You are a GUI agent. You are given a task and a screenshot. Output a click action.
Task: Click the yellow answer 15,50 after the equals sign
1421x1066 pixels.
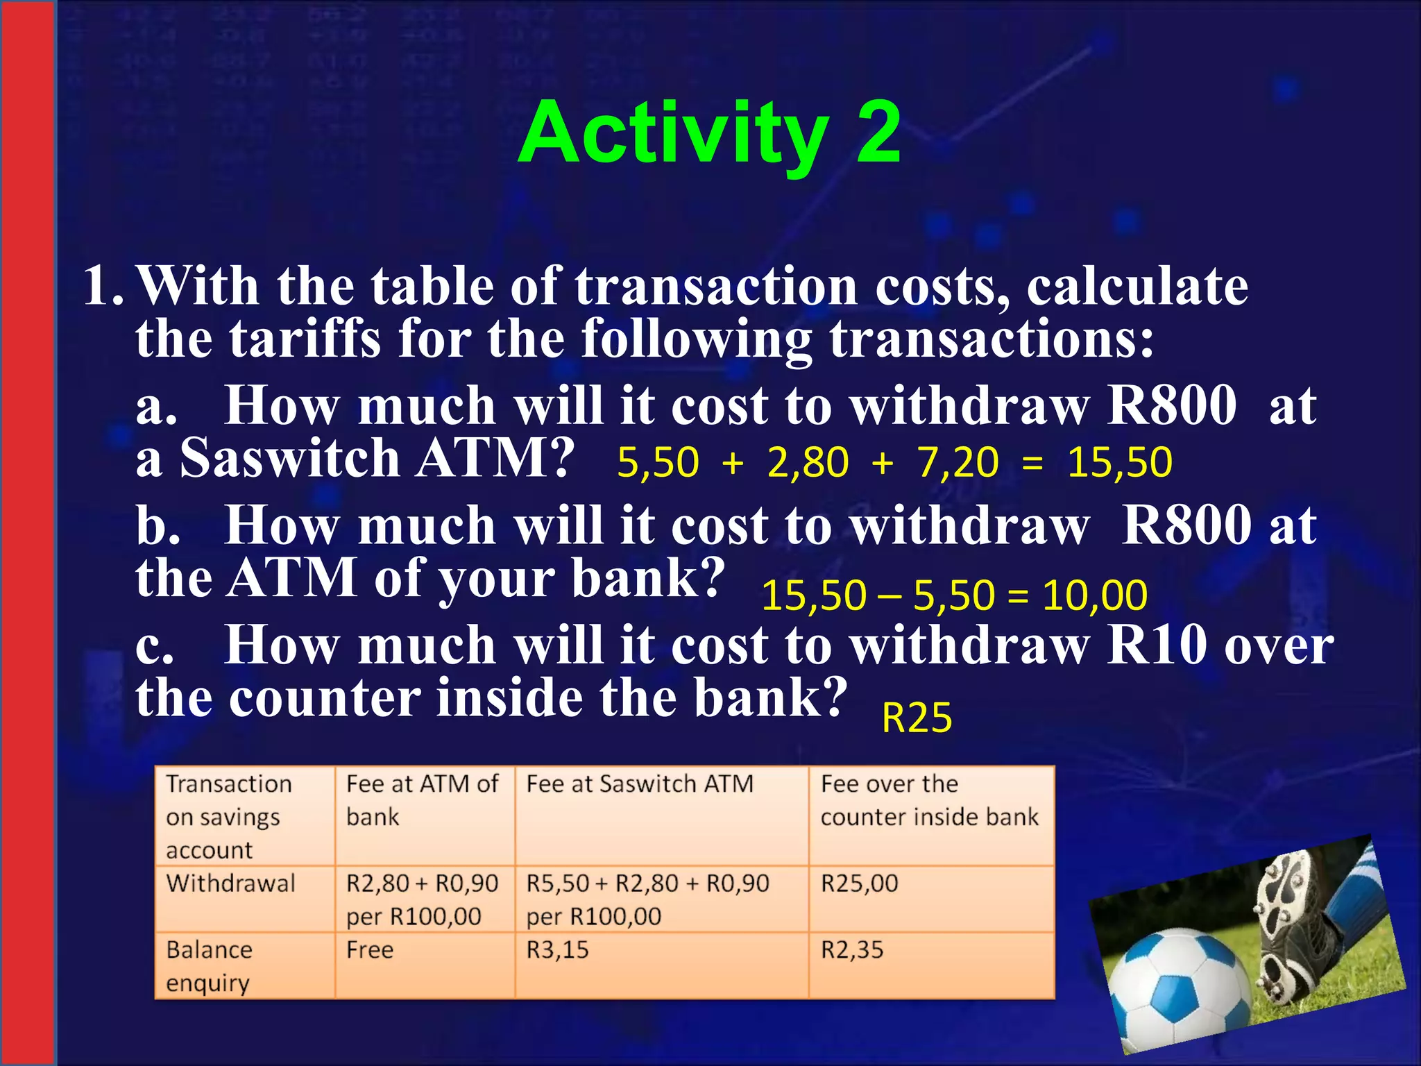1119,462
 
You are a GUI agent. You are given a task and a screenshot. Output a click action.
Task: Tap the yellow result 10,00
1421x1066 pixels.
1094,595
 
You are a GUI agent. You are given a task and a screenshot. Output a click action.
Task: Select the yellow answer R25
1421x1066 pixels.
917,718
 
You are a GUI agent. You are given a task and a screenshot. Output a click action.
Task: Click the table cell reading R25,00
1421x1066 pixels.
860,883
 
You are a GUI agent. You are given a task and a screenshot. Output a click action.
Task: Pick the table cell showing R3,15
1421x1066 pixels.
557,950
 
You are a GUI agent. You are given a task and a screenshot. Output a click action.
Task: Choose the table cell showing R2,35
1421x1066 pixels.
852,950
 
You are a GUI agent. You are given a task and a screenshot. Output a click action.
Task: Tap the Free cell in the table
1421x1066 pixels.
370,950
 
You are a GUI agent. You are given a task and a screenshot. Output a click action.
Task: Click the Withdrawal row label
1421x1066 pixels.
231,883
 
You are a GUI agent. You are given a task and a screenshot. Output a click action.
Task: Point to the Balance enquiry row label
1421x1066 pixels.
209,966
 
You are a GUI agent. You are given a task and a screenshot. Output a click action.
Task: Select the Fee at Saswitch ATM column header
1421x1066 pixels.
640,784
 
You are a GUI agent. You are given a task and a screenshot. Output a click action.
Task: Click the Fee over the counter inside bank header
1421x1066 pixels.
929,800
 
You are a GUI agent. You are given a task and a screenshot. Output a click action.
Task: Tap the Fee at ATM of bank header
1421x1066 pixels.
422,800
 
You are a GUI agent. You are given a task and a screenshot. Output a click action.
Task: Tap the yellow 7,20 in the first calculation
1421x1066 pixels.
958,462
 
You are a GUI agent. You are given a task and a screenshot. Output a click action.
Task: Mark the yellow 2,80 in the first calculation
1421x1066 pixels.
808,462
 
